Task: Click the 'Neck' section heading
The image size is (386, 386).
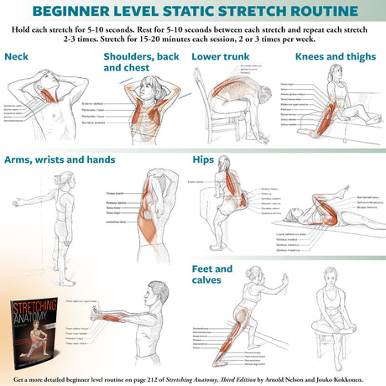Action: pyautogui.click(x=16, y=57)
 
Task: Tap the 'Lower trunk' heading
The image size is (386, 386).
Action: pyautogui.click(x=220, y=57)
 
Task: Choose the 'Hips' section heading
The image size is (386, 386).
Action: pyautogui.click(x=204, y=159)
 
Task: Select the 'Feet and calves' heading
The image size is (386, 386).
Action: pyautogui.click(x=211, y=274)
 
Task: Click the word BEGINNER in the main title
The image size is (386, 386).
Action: pyautogui.click(x=87, y=12)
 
